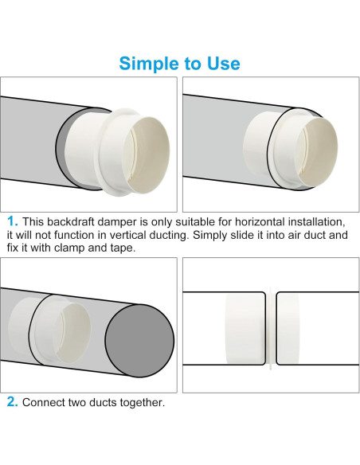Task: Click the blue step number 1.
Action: pyautogui.click(x=11, y=221)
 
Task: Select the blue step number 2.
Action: pyautogui.click(x=11, y=401)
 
